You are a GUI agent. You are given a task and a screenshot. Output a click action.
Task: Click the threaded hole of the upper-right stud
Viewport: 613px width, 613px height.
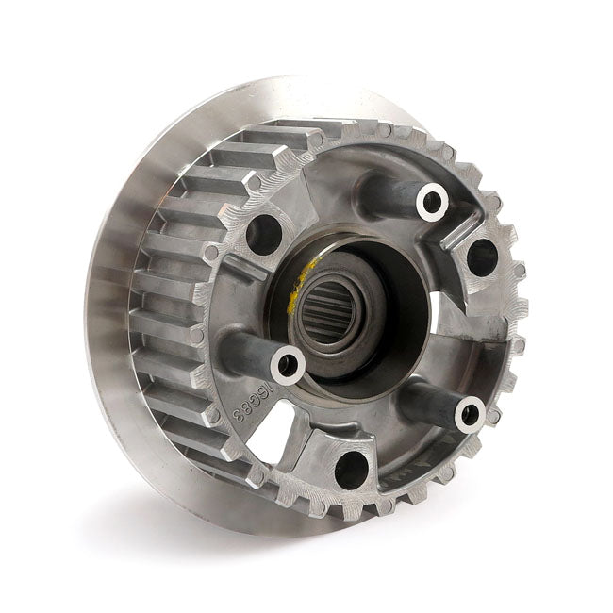click(432, 199)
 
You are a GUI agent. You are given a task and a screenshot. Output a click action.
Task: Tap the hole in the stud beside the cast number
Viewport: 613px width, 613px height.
click(287, 364)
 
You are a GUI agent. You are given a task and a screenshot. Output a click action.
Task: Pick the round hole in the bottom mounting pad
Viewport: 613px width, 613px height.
click(351, 468)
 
